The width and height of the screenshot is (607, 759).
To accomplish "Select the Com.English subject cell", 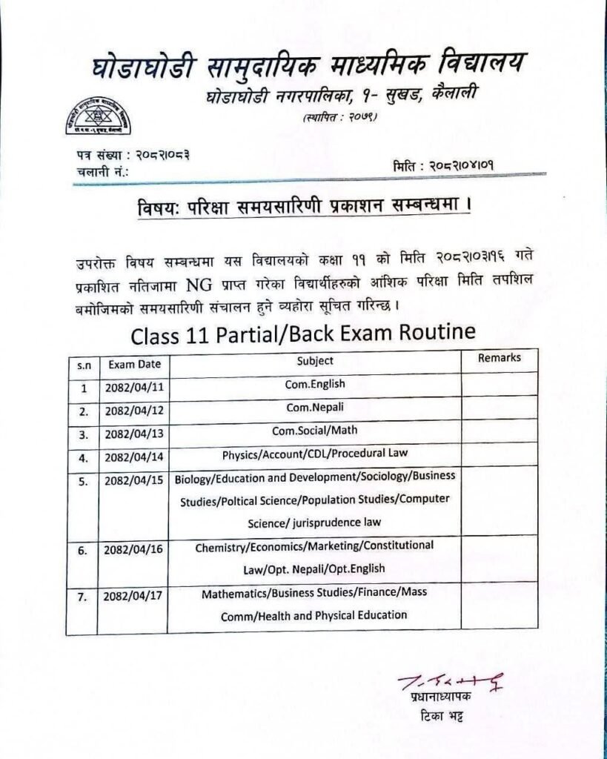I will [x=315, y=385].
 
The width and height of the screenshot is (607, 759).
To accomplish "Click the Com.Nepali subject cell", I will [x=315, y=408].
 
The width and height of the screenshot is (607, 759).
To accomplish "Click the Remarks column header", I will [x=499, y=358].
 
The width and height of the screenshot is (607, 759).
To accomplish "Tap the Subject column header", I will [x=315, y=361].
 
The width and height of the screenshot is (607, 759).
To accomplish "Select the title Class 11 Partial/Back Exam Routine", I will [x=302, y=334].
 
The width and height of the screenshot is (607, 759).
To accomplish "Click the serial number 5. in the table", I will [x=84, y=481].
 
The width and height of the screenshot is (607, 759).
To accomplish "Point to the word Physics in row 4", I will [x=239, y=453].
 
